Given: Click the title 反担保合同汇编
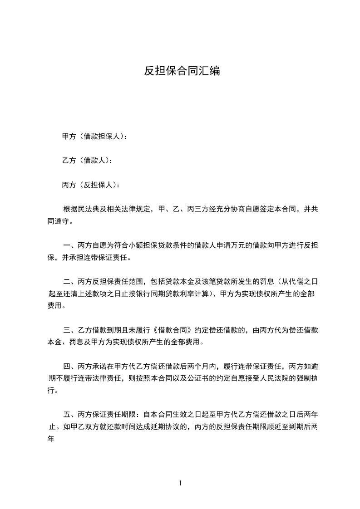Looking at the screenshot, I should click(x=182, y=71).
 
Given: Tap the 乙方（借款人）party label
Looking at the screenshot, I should click(x=86, y=160).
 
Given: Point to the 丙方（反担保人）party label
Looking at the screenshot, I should click(x=91, y=185).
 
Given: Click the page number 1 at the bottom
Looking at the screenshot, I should click(x=180, y=483).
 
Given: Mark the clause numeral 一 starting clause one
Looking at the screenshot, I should click(x=66, y=246).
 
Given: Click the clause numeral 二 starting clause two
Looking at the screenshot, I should click(x=66, y=282).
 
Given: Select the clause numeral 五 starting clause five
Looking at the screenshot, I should click(x=66, y=415).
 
